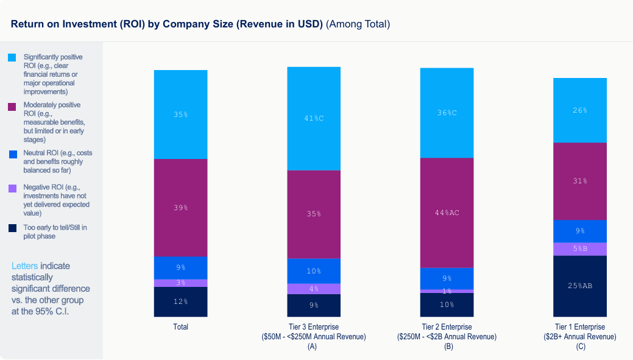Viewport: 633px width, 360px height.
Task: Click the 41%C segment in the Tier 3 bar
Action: (314, 118)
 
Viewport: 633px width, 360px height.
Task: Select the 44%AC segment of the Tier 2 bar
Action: (447, 213)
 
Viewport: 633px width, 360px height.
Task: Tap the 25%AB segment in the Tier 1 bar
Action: (579, 286)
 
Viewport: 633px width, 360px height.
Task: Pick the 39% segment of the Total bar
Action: (180, 208)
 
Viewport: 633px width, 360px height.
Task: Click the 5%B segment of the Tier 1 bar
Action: (579, 249)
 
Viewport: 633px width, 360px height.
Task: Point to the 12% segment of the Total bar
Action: (180, 302)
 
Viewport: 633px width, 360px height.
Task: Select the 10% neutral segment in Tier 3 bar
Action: (314, 271)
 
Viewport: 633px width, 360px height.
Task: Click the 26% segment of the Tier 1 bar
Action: (579, 110)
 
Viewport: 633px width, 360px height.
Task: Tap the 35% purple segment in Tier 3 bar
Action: (314, 214)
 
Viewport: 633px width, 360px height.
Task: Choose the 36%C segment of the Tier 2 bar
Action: (447, 113)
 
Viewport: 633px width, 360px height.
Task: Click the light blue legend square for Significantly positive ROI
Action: (12, 58)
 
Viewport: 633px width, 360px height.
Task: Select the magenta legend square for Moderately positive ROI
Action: (12, 107)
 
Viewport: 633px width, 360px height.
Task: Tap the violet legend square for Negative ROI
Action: (12, 188)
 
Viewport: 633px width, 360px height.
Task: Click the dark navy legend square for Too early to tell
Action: (12, 228)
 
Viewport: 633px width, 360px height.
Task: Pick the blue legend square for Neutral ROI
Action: (12, 154)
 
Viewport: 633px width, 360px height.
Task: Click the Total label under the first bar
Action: (180, 327)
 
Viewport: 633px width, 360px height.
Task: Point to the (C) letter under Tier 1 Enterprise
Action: (579, 347)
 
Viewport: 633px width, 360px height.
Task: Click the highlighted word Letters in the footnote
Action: (25, 266)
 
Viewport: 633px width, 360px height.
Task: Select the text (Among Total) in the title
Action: (358, 24)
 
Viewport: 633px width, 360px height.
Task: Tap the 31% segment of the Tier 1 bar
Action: (579, 181)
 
